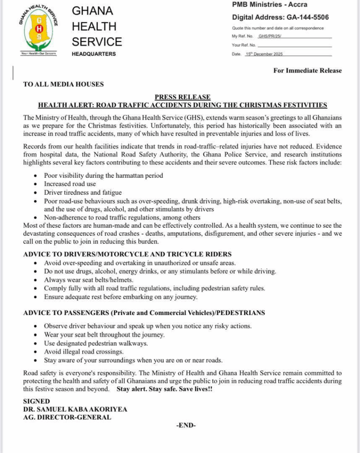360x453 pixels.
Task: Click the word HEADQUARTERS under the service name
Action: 94,54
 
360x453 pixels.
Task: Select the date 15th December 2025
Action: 264,54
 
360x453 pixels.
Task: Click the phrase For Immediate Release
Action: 307,70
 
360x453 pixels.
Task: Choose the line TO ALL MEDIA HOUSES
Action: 63,84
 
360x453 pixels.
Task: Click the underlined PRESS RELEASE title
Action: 182,97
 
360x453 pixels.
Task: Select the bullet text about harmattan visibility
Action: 103,175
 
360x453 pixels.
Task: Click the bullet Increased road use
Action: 70,184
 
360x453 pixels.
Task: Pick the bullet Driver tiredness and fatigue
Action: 83,192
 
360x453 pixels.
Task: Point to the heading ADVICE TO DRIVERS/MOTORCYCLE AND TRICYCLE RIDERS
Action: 127,254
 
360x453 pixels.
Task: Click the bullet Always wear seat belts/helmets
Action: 88,280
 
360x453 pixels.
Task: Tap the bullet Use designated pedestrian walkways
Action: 96,343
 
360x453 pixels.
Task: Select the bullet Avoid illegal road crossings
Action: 84,351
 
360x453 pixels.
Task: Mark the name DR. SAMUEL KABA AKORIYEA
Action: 75,409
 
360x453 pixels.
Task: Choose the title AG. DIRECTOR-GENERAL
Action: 67,417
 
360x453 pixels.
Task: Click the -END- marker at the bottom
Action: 186,426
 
